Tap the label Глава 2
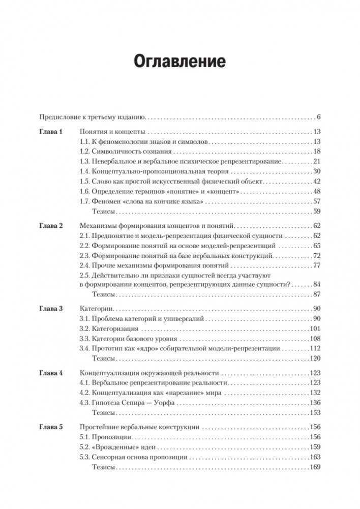point(51,225)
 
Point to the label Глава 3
point(51,309)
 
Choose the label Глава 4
point(51,373)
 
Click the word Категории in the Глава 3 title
point(96,309)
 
